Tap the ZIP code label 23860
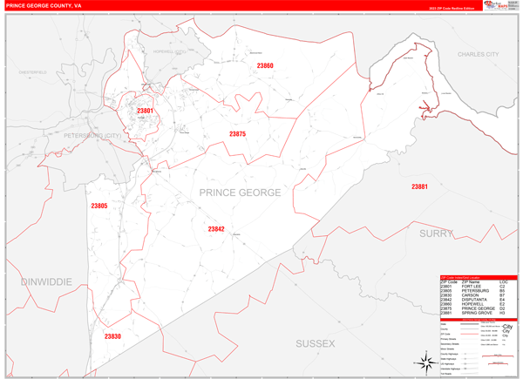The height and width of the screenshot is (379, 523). (x=265, y=66)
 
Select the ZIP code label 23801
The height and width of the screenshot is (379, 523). (x=145, y=111)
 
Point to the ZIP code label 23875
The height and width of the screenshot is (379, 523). (x=237, y=134)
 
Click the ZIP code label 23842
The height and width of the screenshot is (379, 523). (x=216, y=229)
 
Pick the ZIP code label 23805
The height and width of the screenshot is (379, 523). (x=98, y=206)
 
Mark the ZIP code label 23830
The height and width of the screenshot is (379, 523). (x=112, y=336)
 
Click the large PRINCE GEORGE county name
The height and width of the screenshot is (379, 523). (x=240, y=192)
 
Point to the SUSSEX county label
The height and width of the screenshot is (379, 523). (x=315, y=344)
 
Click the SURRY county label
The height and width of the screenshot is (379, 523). (x=437, y=233)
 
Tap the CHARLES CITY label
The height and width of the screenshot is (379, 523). (x=479, y=54)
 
